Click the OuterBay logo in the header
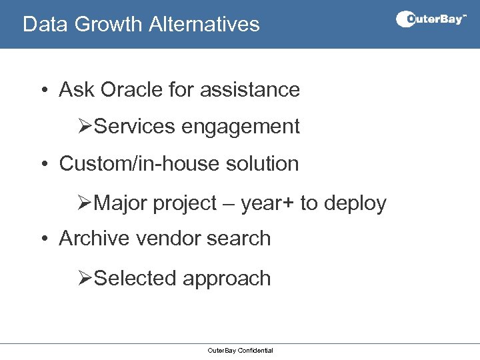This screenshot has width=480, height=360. tap(431, 19)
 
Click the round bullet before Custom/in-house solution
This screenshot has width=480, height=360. tap(43, 164)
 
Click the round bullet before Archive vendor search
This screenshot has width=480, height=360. tap(43, 239)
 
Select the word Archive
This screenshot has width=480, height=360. tap(97, 239)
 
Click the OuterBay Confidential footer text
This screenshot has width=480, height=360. tap(240, 351)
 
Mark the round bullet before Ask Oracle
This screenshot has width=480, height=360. tap(43, 90)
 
